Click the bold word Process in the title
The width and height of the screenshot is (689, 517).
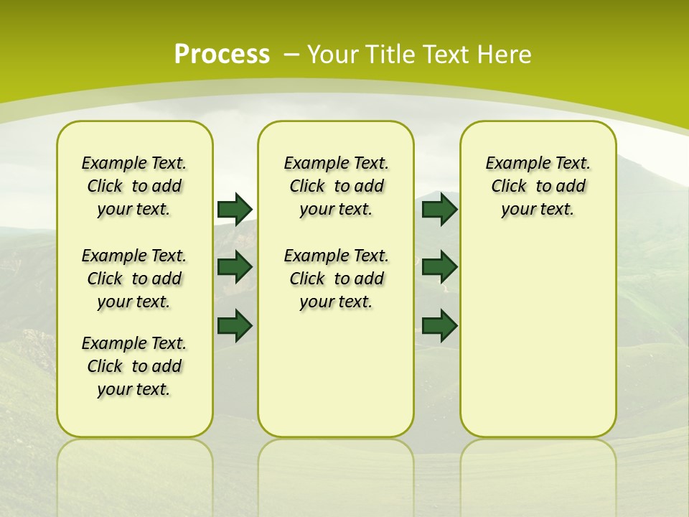click(x=222, y=54)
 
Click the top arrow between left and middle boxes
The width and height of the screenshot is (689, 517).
click(x=235, y=209)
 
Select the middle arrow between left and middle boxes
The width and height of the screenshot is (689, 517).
click(x=235, y=266)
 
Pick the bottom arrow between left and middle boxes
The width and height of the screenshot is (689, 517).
click(x=235, y=325)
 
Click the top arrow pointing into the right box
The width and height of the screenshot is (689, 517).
click(x=439, y=209)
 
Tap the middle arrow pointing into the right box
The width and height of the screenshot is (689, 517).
click(x=439, y=266)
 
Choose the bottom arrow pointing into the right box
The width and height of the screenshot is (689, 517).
click(x=439, y=325)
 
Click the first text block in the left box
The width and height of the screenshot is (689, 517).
click(x=134, y=186)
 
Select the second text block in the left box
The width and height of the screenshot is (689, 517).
click(x=134, y=279)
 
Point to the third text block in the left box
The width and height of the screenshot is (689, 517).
click(x=134, y=366)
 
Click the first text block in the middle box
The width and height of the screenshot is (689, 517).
click(x=336, y=186)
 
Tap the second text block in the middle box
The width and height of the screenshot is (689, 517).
click(x=336, y=279)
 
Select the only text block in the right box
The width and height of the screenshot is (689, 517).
click(x=538, y=186)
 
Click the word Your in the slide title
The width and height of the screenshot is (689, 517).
click(x=334, y=55)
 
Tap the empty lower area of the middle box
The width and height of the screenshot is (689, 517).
click(x=336, y=373)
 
